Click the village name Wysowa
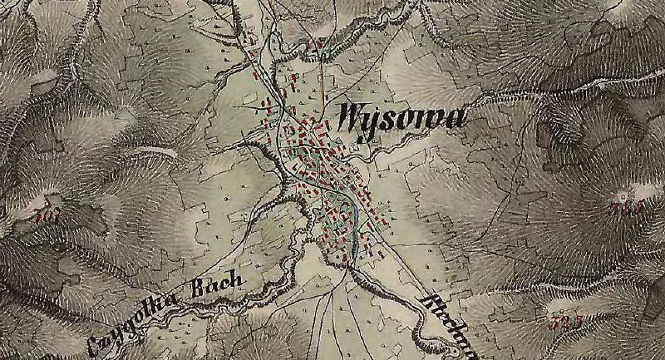pyautogui.click(x=400, y=119)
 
